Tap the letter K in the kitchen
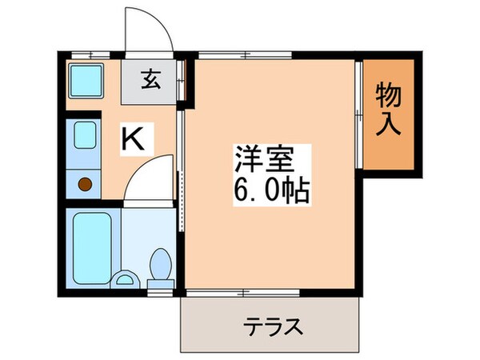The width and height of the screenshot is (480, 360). pos(133,139)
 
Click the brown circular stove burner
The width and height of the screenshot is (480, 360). pos(84,187)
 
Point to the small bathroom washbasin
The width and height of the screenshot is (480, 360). pos(123,279)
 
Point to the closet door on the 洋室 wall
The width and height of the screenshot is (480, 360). pos(357,114)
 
